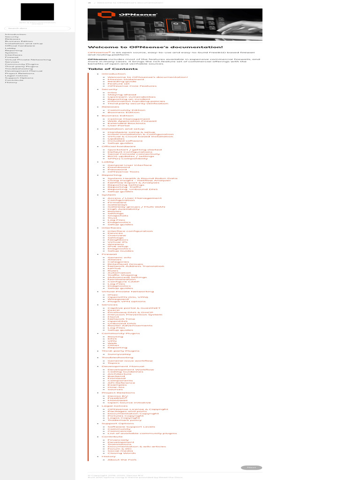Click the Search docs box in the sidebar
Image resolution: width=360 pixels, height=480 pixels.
click(x=37, y=28)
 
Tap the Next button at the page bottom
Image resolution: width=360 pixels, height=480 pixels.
click(x=251, y=467)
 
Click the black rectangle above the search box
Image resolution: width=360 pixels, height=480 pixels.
click(x=37, y=12)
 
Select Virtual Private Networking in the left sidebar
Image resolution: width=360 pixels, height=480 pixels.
click(x=28, y=60)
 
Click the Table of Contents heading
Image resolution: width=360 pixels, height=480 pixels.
click(x=106, y=69)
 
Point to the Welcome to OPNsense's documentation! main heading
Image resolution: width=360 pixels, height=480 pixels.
click(x=155, y=47)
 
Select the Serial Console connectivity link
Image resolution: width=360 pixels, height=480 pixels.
click(x=134, y=154)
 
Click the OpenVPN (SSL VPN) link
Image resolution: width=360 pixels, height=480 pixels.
click(x=127, y=297)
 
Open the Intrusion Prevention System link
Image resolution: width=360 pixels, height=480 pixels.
click(x=135, y=315)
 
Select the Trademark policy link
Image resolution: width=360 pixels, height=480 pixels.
click(x=124, y=420)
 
